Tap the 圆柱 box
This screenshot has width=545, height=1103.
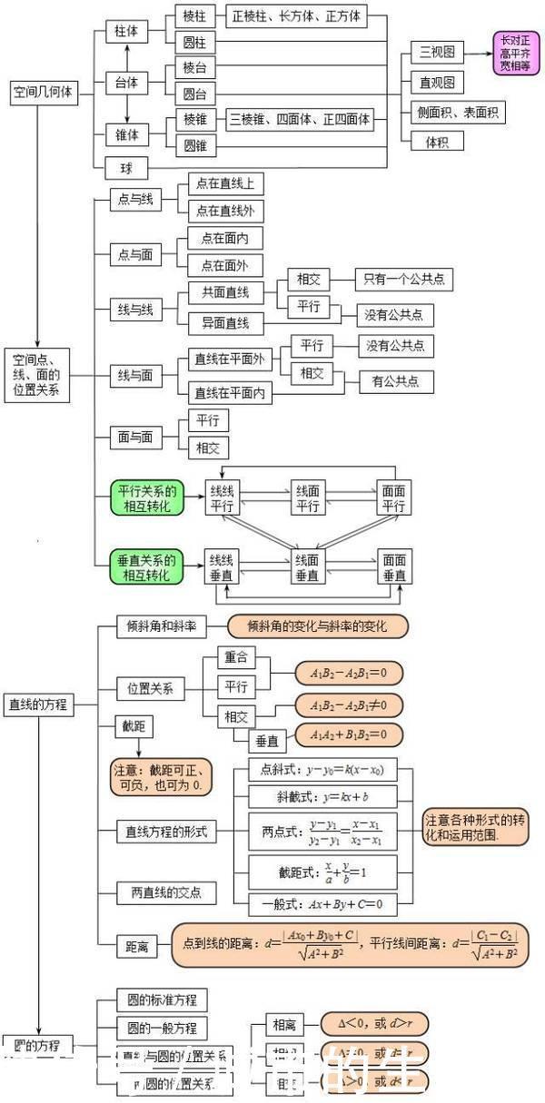tap(193, 42)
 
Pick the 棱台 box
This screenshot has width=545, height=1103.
tap(193, 68)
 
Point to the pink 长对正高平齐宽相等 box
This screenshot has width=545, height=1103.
tap(515, 53)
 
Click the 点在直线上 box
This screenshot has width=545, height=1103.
tap(225, 184)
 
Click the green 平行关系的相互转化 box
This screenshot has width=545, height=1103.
tap(145, 498)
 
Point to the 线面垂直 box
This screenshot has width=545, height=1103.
tap(308, 568)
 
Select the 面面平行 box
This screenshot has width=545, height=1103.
tap(393, 498)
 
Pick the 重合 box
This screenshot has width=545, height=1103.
tap(237, 657)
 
